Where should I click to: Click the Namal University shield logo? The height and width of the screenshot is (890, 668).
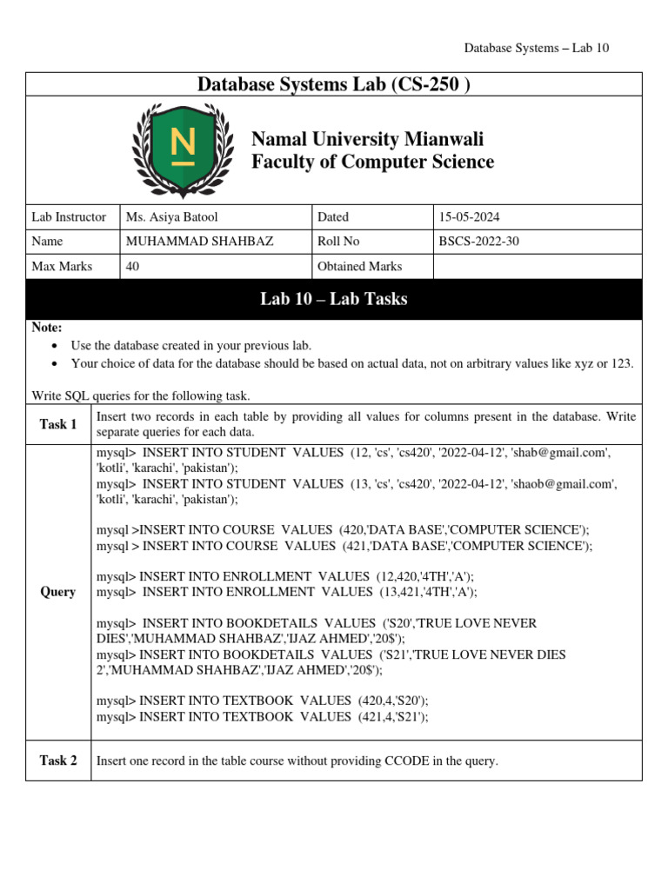pos(183,149)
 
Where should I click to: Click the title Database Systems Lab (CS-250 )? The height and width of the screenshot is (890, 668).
pos(334,84)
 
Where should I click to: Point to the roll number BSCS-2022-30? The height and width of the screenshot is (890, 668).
pos(479,242)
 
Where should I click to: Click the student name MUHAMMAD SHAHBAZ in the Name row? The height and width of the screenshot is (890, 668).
pos(199,242)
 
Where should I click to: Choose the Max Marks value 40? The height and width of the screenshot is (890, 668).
pos(132,267)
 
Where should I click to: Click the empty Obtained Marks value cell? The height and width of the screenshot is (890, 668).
pos(537,267)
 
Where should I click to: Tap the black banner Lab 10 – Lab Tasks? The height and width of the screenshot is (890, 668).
pos(334,300)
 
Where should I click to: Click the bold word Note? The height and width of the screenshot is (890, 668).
pos(46,328)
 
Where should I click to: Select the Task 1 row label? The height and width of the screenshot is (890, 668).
pos(58,424)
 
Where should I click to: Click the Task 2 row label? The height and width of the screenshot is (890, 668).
pos(58,760)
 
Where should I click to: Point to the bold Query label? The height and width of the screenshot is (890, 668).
pos(58,592)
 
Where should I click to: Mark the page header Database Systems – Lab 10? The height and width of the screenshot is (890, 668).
pos(537,48)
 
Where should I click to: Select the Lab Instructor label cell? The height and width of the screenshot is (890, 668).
pos(69,217)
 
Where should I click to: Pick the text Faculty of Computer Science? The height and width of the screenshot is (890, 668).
pos(372,162)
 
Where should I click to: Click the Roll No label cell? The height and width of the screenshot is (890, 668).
pos(339,242)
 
